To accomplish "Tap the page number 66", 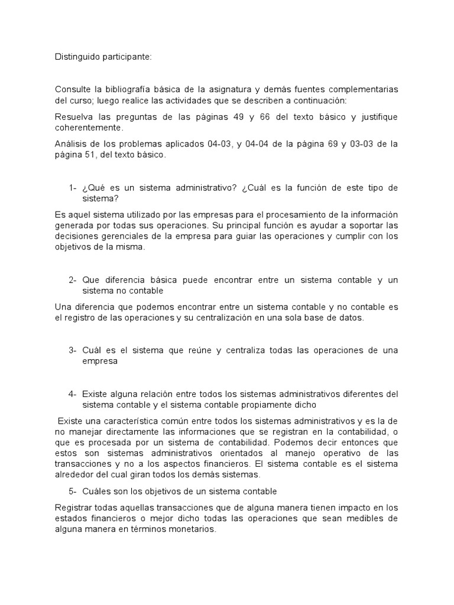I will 264,117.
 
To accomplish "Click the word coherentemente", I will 89,128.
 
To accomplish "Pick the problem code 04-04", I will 258,144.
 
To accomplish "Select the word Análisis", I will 70,144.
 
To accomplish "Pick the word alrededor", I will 77,474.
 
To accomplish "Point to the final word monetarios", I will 189,529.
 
